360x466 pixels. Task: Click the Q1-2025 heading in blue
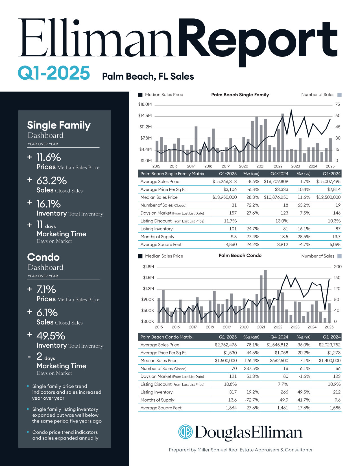tap(54, 73)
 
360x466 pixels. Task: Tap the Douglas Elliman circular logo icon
tap(185, 432)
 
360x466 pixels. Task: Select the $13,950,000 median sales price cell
tap(224, 197)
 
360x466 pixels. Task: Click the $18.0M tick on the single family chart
tap(145, 104)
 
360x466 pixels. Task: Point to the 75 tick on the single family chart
tap(337, 104)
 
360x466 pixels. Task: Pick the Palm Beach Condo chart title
tap(240, 255)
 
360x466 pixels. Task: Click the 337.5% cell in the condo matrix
tap(251, 369)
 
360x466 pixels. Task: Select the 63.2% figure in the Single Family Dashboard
tap(51, 181)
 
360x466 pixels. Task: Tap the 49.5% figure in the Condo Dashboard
tap(51, 336)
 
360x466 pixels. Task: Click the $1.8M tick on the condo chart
tap(149, 267)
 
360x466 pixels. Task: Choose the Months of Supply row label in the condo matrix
tap(157, 400)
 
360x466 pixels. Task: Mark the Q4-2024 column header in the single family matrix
tap(279, 174)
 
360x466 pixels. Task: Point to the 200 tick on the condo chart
tap(338, 267)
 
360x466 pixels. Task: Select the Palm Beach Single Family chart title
tap(240, 95)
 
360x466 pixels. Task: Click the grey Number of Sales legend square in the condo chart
tap(339, 256)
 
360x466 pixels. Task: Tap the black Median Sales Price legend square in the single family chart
tap(140, 95)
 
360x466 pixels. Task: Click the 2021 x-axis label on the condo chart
tap(261, 327)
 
